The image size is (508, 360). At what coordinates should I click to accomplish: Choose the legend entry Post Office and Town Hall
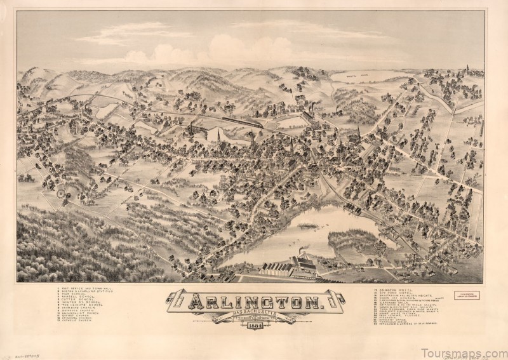click(83, 290)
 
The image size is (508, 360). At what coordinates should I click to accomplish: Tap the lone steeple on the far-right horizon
click(467, 69)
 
